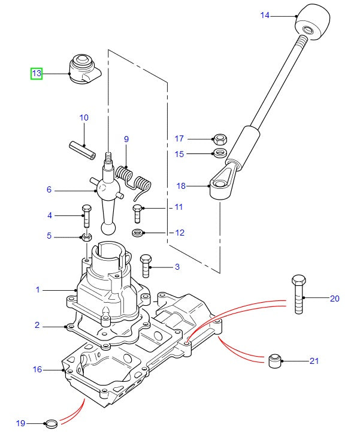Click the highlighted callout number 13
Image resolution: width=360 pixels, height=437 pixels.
pyautogui.click(x=37, y=74)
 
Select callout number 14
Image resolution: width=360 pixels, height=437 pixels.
pyautogui.click(x=265, y=15)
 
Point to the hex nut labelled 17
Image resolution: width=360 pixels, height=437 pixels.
pyautogui.click(x=219, y=139)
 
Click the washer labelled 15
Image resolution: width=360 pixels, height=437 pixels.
pyautogui.click(x=220, y=153)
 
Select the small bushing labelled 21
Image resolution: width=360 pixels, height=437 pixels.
pyautogui.click(x=274, y=361)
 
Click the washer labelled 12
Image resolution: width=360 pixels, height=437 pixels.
pyautogui.click(x=137, y=232)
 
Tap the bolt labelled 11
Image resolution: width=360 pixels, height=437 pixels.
pyautogui.click(x=137, y=212)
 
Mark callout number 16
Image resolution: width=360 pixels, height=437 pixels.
pyautogui.click(x=37, y=369)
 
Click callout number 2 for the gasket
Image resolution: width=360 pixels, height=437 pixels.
pyautogui.click(x=37, y=326)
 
